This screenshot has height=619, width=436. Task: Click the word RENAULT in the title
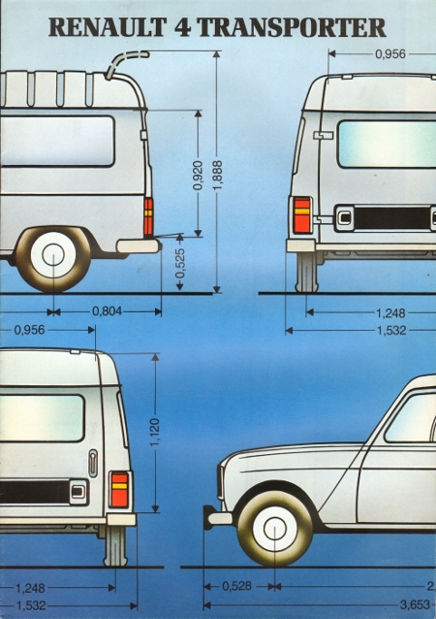[108, 27]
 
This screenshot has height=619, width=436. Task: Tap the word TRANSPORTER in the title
[291, 27]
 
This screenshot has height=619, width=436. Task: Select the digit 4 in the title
[181, 27]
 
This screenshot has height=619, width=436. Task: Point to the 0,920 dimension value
[198, 175]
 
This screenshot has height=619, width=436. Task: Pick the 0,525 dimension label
[180, 263]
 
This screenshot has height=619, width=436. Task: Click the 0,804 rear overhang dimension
[108, 311]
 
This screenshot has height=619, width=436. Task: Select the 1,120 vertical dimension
[155, 433]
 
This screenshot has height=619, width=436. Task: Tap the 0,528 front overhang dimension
[237, 586]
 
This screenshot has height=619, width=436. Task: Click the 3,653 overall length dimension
[415, 604]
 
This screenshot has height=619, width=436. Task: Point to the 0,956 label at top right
[390, 54]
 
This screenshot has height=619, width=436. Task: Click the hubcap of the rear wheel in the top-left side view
[53, 254]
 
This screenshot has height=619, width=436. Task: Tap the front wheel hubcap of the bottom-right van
[275, 529]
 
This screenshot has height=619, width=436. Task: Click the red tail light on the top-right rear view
[302, 215]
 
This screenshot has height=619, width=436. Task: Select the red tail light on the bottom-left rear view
[119, 490]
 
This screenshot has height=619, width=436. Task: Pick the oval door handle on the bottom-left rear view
[93, 463]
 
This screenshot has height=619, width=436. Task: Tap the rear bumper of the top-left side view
[140, 245]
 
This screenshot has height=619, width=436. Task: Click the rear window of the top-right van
[387, 145]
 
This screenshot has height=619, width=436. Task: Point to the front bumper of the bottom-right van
[218, 517]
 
